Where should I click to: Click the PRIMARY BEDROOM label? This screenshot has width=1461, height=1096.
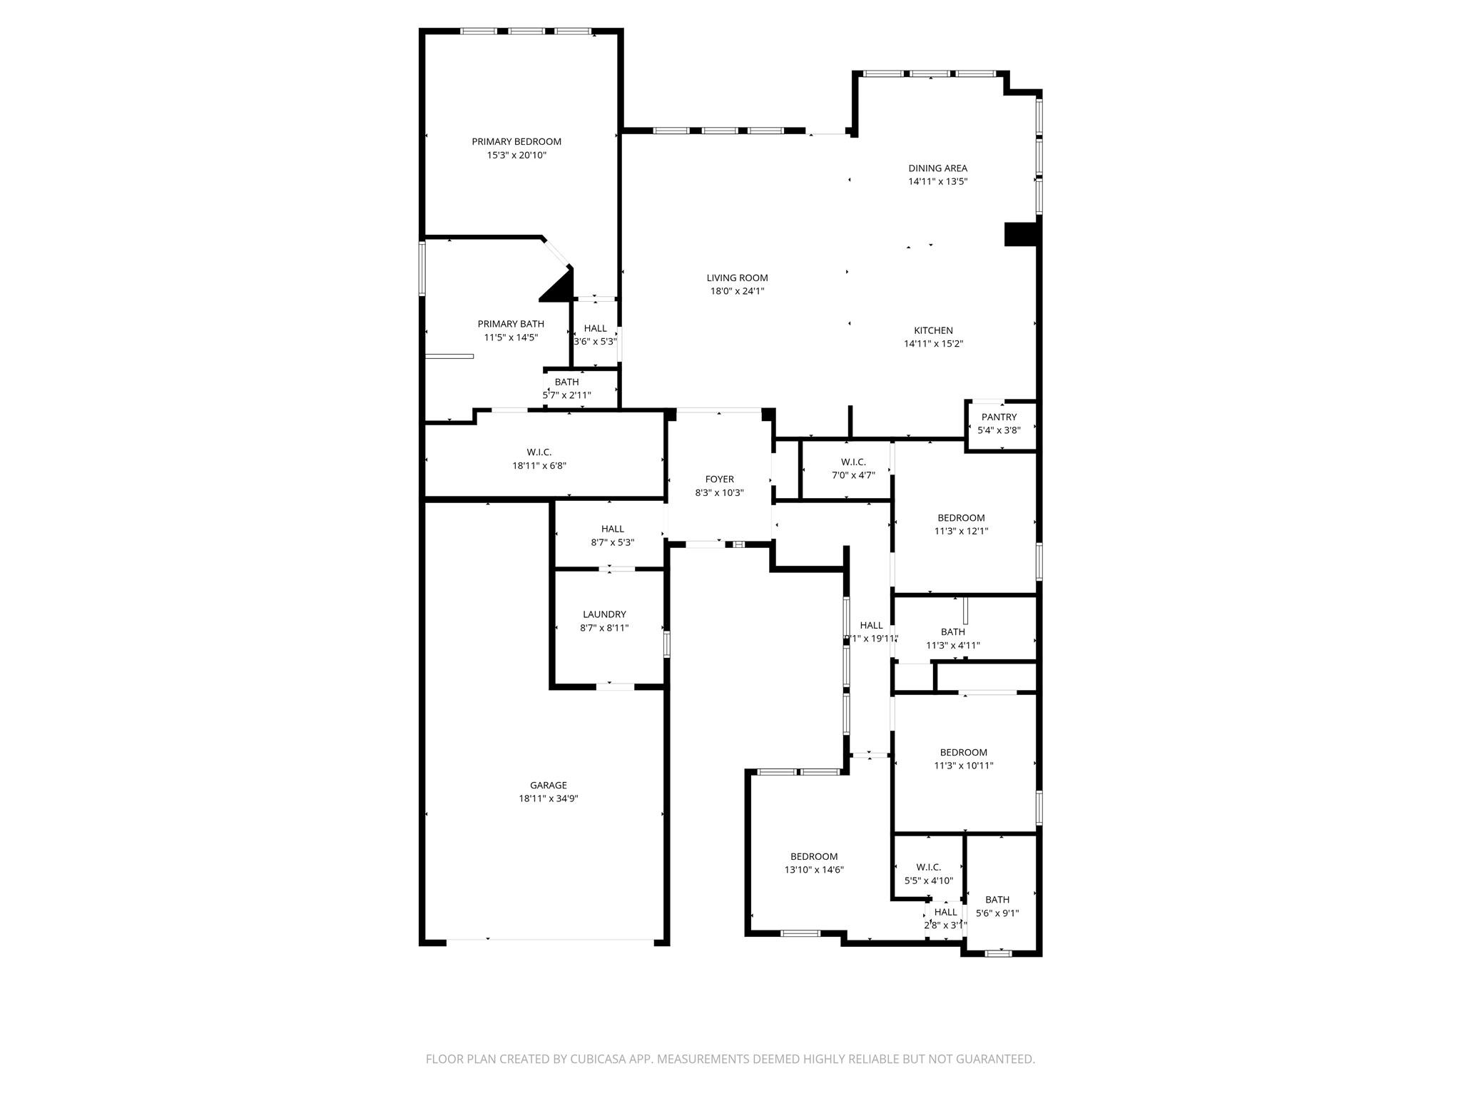516,142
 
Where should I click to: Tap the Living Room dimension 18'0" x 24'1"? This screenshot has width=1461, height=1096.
737,291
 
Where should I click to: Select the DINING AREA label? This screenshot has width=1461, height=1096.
937,168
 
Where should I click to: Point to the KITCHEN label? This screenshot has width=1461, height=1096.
933,330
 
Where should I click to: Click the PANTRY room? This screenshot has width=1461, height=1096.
999,423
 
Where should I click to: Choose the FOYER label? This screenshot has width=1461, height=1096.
719,479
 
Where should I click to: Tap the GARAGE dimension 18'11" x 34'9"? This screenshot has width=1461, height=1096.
548,799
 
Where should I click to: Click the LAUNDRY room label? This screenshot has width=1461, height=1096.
604,614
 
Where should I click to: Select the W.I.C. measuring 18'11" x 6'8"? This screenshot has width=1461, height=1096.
539,459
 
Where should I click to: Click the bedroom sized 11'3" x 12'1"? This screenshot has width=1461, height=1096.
961,524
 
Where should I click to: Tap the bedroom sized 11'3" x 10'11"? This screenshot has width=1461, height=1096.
963,758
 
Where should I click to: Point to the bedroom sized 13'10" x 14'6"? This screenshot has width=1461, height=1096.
814,863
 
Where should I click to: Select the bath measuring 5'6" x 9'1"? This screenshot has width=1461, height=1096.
997,906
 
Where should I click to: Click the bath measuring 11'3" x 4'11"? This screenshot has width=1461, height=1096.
952,639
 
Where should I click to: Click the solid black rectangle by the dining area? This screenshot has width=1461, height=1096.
1020,235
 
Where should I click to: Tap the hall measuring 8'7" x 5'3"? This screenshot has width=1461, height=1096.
612,535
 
